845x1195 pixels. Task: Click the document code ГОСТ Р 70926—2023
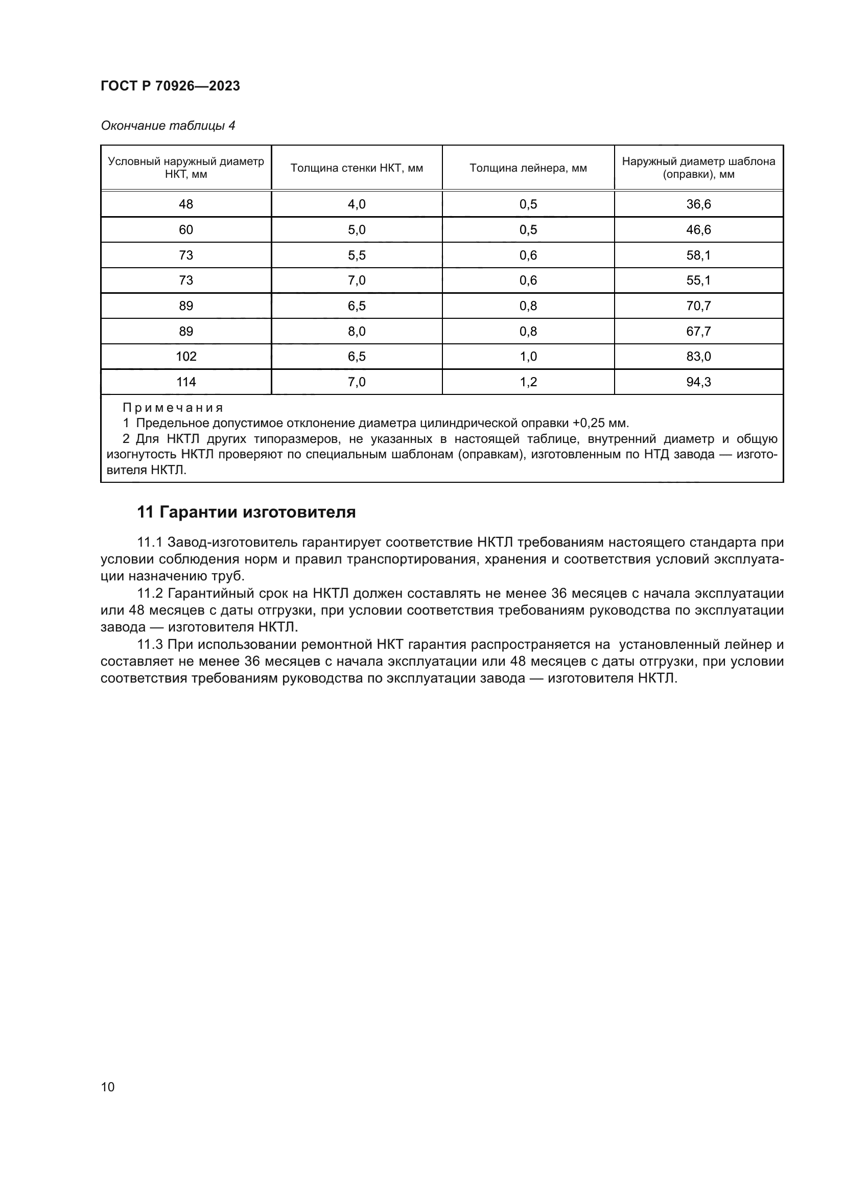pos(170,86)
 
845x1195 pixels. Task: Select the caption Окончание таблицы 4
pos(168,126)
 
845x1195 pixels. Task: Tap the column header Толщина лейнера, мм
pos(528,168)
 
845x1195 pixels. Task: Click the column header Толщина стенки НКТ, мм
pos(357,168)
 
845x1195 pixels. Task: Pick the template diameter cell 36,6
pos(698,204)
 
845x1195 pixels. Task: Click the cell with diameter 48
pos(186,204)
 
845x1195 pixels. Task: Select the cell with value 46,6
pos(698,229)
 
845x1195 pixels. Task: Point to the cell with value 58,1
pos(698,255)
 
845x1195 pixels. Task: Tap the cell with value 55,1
pos(698,280)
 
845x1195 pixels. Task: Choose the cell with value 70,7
pos(698,306)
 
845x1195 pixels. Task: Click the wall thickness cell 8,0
pos(357,332)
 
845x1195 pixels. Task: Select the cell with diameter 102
pos(186,357)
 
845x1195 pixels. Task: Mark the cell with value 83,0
pos(698,357)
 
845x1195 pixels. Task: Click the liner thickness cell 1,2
pos(528,382)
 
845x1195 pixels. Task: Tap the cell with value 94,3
pos(698,382)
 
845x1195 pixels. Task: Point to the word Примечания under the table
pos(173,408)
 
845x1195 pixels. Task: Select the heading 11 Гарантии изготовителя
pos(246,512)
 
